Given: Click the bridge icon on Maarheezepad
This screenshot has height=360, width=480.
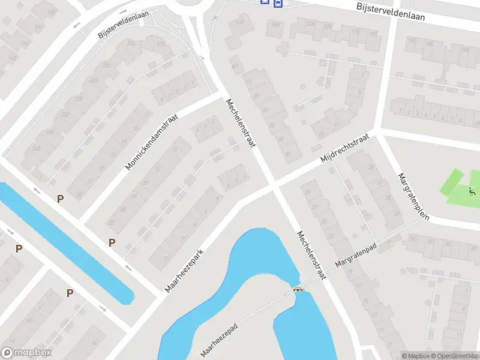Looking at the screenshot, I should tap(297, 290).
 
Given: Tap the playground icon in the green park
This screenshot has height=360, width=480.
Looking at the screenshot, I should tap(472, 193).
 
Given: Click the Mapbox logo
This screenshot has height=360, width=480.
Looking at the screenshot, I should tap(26, 353).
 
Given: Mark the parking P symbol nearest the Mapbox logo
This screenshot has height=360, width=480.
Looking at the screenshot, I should tap(19, 248).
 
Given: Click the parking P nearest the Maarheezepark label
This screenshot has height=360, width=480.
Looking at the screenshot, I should tap(112, 242).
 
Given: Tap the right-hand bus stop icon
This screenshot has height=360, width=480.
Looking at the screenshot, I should tap(277, 4).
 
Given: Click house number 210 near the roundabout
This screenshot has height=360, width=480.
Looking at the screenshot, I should tap(241, 22).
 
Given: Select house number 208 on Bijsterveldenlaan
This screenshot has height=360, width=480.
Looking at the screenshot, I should tap(276, 25).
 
